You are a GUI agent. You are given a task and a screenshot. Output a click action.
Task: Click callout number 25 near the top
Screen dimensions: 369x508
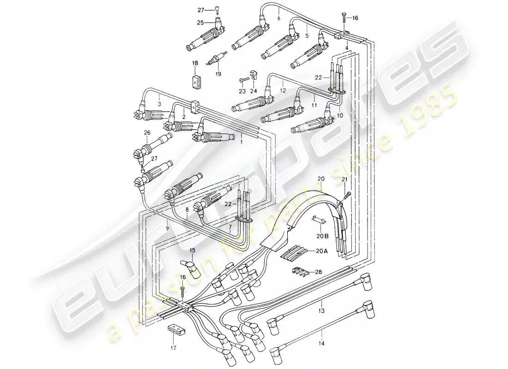pyautogui.click(x=200, y=22)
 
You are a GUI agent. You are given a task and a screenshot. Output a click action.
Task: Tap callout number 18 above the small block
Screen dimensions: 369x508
pyautogui.click(x=195, y=63)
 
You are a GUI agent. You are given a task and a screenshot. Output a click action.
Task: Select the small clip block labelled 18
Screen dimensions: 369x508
pyautogui.click(x=195, y=81)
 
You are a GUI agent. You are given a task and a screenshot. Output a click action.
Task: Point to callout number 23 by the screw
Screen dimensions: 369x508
pyautogui.click(x=242, y=91)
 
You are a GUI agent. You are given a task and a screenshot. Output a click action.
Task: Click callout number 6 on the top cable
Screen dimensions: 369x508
pyautogui.click(x=278, y=19)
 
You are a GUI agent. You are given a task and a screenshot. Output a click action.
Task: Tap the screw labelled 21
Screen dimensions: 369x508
pyautogui.click(x=349, y=192)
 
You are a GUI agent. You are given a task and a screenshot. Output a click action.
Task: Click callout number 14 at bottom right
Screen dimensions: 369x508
pyautogui.click(x=321, y=344)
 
